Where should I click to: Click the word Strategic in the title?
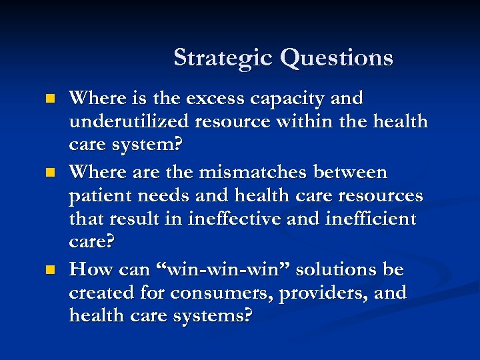click(223, 58)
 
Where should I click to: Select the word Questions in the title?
click(337, 58)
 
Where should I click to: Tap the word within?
click(300, 123)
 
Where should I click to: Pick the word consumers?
click(219, 294)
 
